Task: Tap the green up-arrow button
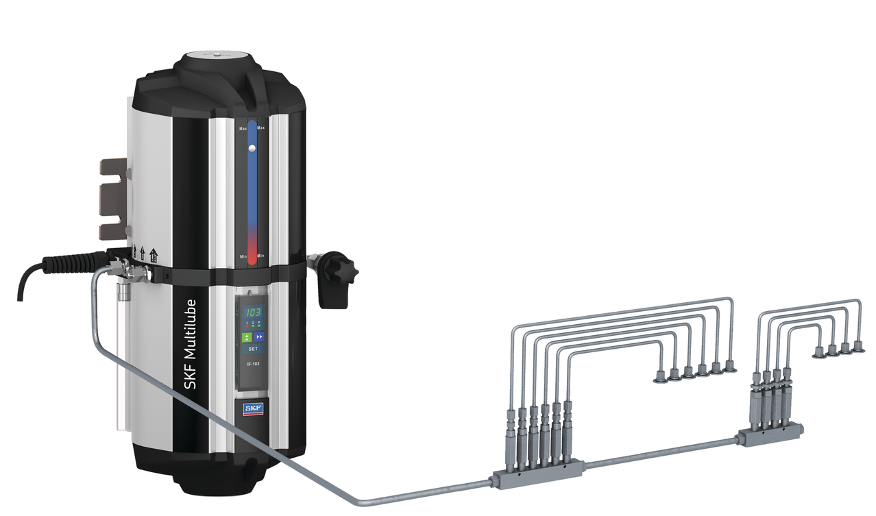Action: point(247,336)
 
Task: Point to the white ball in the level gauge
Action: point(252,148)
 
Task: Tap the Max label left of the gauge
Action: point(243,129)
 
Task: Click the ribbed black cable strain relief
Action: point(69,262)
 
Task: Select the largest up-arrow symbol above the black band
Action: point(153,256)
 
